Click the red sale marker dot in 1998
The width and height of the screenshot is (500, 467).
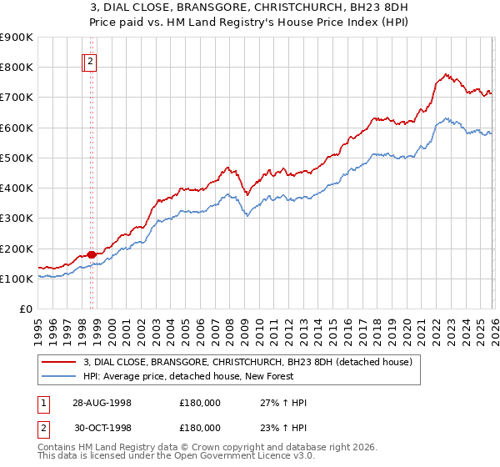pos(92,254)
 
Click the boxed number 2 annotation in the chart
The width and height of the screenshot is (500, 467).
pos(90,60)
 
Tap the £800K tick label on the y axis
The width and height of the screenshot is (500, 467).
pos(17,68)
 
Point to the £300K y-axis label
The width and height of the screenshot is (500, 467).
pos(17,218)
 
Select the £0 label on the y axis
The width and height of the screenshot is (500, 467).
pos(25,309)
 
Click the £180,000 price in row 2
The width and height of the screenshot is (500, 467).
pos(200,428)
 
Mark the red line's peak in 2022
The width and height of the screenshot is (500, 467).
pos(446,74)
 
